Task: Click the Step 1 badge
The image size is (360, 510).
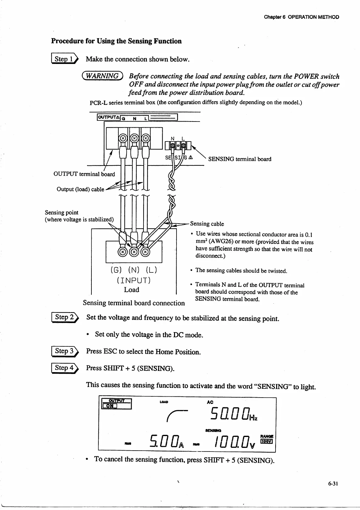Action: point(65,59)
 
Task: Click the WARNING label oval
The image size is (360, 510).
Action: point(103,76)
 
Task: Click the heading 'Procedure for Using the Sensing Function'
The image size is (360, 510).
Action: point(116,41)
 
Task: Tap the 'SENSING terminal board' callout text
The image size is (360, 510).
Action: point(239,159)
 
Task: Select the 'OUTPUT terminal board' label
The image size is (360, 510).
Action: point(84,174)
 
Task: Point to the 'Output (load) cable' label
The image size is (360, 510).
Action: point(80,189)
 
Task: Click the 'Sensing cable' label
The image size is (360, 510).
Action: point(207,224)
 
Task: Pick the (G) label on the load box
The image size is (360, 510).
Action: point(116,269)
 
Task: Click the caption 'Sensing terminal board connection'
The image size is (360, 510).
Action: point(134,303)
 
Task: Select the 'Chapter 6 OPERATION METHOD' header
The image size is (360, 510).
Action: point(301,17)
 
